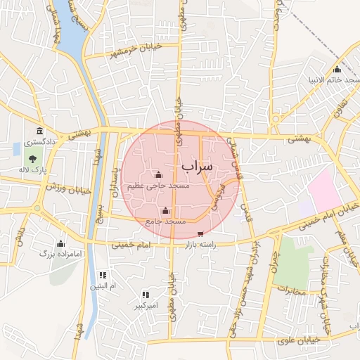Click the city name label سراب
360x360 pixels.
point(196,167)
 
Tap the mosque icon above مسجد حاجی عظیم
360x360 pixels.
point(158,175)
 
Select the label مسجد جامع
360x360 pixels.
point(165,221)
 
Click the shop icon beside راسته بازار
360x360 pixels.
point(201,234)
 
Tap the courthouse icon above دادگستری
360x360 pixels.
point(39,131)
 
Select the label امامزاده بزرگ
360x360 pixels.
point(61,252)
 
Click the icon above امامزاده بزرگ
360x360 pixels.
point(60,243)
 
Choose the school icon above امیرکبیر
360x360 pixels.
point(146,295)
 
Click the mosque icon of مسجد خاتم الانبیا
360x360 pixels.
point(337,69)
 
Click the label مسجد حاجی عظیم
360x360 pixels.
point(158,186)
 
